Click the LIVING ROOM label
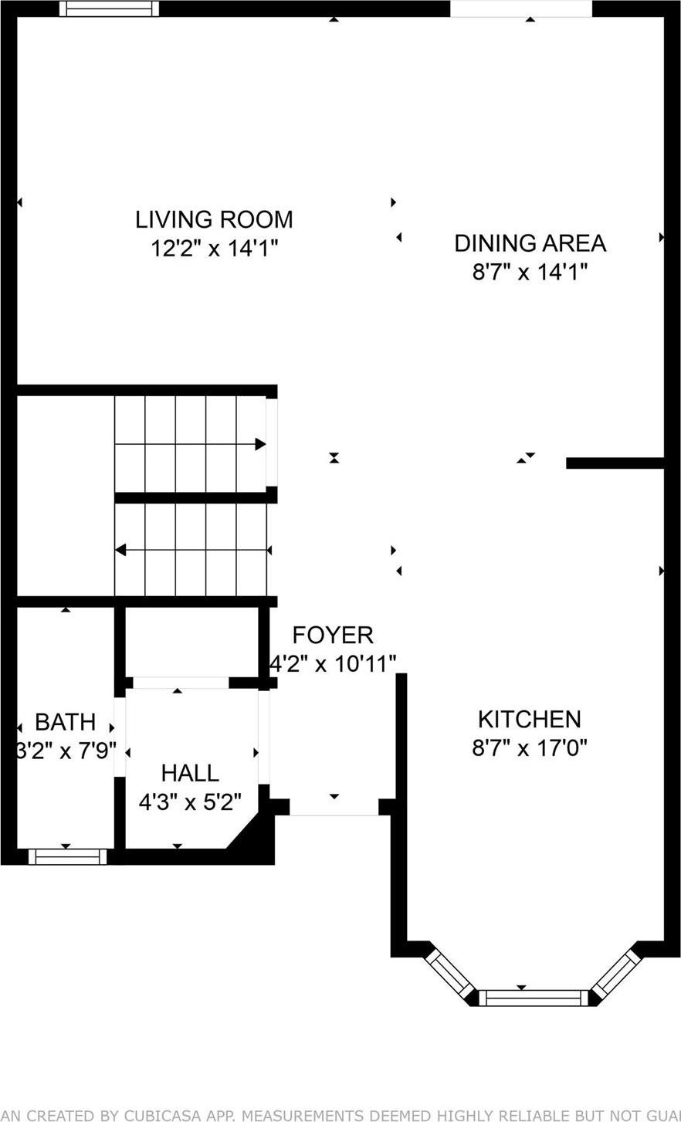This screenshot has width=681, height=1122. tap(214, 219)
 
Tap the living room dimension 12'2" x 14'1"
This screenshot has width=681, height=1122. tap(214, 249)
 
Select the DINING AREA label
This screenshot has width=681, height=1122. tap(530, 243)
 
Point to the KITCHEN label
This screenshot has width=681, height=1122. tap(529, 719)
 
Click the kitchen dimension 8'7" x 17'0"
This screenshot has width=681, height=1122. tap(530, 748)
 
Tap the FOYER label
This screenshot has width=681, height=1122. tap(333, 635)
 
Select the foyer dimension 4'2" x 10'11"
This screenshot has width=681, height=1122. tap(333, 663)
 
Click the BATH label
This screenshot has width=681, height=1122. tap(66, 723)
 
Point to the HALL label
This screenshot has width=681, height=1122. tap(190, 772)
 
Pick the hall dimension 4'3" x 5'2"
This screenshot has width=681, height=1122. tap(190, 802)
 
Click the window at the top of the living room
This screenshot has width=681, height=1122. tap(110, 8)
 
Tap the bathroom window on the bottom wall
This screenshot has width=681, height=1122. tap(67, 856)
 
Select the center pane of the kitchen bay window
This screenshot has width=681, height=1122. tap(534, 998)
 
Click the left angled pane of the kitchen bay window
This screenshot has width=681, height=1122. tap(449, 972)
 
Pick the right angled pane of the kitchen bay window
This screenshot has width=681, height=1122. tap(617, 972)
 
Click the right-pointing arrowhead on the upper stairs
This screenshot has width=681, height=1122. tap(261, 444)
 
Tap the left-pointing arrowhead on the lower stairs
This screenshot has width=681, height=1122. tap(120, 550)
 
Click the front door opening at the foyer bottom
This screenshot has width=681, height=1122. tap(334, 806)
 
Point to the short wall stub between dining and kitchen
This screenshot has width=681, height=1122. tap(615, 463)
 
